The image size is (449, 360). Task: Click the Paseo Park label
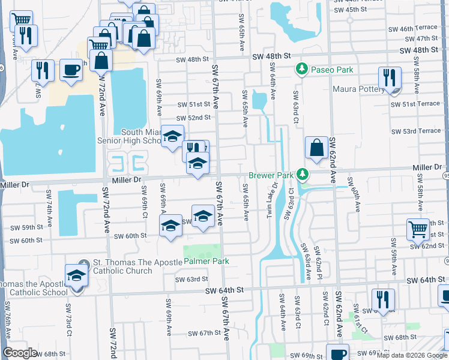point(332,70)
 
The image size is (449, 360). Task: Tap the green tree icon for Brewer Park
point(304,175)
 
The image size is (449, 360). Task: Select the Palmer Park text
point(206,262)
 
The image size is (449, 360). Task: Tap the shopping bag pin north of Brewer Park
point(316,148)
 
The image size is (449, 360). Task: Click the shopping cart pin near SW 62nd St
point(418,229)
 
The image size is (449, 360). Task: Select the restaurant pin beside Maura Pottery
point(390,79)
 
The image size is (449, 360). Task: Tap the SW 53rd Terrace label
point(415,131)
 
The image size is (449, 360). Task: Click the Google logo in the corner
point(20,353)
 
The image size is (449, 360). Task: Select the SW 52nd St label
point(193,118)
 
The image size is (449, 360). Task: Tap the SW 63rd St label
point(191,279)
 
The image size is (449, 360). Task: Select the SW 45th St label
point(349,10)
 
